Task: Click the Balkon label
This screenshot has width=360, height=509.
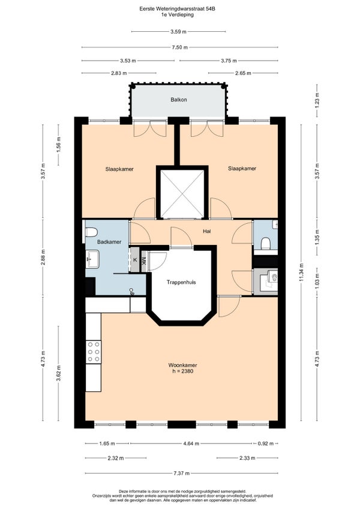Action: [x=179, y=100]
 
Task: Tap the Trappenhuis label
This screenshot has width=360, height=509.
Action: [x=181, y=282]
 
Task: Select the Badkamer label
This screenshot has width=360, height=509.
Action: [x=109, y=242]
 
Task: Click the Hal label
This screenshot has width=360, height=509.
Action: [x=207, y=231]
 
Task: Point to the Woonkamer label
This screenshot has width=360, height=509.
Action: [x=182, y=365]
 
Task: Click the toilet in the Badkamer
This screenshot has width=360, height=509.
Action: [x=92, y=232]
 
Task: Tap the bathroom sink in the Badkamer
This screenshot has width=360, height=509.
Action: [x=92, y=259]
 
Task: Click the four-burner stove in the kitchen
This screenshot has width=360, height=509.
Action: [x=93, y=352]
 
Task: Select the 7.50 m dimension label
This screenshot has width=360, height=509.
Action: [x=180, y=47]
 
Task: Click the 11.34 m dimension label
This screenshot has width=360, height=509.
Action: [x=301, y=273]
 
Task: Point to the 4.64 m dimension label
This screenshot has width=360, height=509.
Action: [x=191, y=444]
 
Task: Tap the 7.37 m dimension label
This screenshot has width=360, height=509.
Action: [x=181, y=474]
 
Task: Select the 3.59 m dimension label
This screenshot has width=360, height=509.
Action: [x=179, y=31]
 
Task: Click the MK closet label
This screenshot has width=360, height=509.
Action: [x=143, y=260]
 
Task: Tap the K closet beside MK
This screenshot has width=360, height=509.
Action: [x=135, y=260]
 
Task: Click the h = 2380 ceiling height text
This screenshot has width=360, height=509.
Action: [x=183, y=371]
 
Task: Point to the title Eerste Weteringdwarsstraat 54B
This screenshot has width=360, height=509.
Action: [x=177, y=9]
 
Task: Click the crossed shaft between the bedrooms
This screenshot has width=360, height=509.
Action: [x=182, y=193]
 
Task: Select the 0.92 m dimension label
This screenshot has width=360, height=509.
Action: [x=266, y=444]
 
